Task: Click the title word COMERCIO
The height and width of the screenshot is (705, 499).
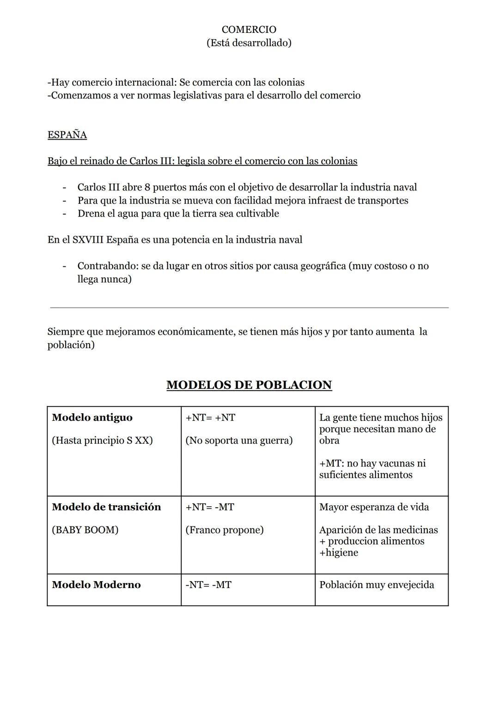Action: coord(249,30)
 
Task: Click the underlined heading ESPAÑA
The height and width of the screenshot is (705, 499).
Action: coord(67,135)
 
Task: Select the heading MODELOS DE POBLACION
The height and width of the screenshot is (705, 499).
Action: coord(249,385)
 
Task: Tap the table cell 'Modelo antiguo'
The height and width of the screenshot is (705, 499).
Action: coord(92,417)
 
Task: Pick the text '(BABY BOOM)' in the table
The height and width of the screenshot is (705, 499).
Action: coord(85,530)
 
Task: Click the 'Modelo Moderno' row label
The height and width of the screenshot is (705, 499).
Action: coord(96,585)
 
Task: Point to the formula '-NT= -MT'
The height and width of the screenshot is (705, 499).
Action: coord(208,585)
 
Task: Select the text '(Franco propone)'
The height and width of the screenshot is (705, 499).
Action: coord(225,530)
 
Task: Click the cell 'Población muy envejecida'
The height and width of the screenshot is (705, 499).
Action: coord(377,585)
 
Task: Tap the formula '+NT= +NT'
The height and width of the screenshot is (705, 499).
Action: coord(210,417)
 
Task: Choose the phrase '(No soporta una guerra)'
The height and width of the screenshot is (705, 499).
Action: coord(239,440)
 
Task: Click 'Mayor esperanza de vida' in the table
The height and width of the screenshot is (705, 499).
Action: coord(374,507)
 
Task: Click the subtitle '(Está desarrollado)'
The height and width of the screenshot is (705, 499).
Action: coord(249,43)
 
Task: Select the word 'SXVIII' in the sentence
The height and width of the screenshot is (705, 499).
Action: coord(88,240)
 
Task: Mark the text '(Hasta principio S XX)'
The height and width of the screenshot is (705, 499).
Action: coord(102,440)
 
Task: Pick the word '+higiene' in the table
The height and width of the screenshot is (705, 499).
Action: coord(339,552)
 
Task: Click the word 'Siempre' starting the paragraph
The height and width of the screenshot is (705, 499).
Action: coord(65,332)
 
